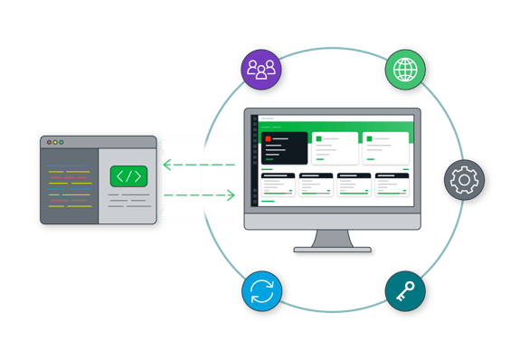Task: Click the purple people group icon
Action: coord(261,69)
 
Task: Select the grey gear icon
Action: coord(464,180)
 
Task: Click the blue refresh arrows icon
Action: coord(262,292)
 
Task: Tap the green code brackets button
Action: coord(128,176)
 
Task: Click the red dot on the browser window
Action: coord(47,142)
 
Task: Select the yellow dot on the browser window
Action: coord(54,142)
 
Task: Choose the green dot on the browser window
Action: coord(61,142)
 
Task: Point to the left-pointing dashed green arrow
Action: coord(199,165)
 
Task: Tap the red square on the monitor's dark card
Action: coord(269,138)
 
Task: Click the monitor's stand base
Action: coord(333,251)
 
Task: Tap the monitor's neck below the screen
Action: coord(333,237)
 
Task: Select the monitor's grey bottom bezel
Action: coord(333,221)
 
